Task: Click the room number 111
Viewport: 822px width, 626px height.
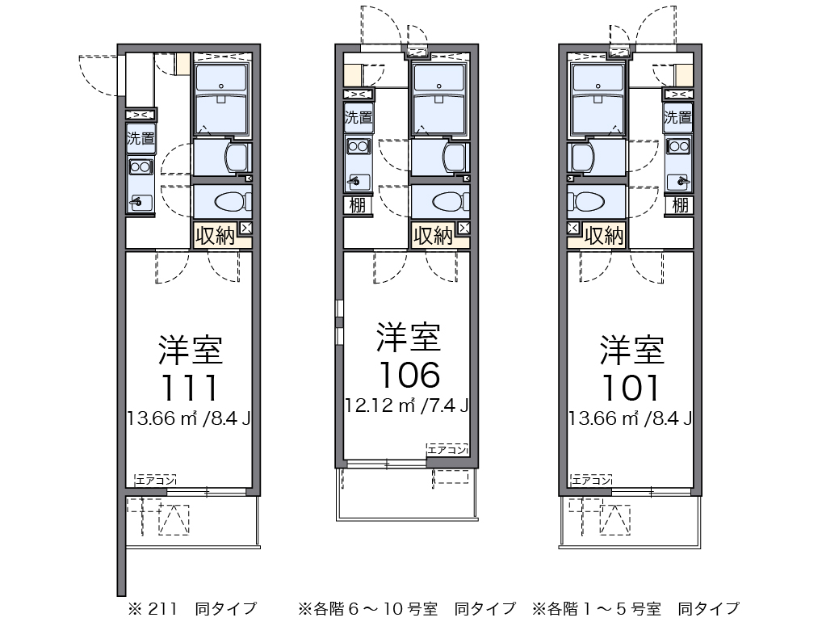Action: (x=190, y=389)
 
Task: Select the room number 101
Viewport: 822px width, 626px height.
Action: (x=631, y=389)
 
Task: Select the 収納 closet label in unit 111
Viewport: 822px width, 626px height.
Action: (x=215, y=236)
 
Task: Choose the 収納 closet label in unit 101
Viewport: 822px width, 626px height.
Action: (x=604, y=236)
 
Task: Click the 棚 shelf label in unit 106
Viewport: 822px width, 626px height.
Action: (x=357, y=205)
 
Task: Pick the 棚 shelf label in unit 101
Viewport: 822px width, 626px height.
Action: (x=681, y=205)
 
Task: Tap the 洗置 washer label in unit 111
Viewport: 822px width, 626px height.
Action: (x=140, y=138)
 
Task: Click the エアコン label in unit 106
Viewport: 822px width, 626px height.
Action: (x=447, y=449)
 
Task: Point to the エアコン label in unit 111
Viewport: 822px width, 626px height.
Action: (x=156, y=481)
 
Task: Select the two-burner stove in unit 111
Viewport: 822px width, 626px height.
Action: (x=140, y=167)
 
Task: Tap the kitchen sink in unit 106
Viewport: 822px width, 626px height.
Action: (x=357, y=180)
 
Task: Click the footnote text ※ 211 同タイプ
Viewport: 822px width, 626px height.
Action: (x=187, y=608)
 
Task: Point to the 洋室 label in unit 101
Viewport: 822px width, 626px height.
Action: (x=631, y=350)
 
